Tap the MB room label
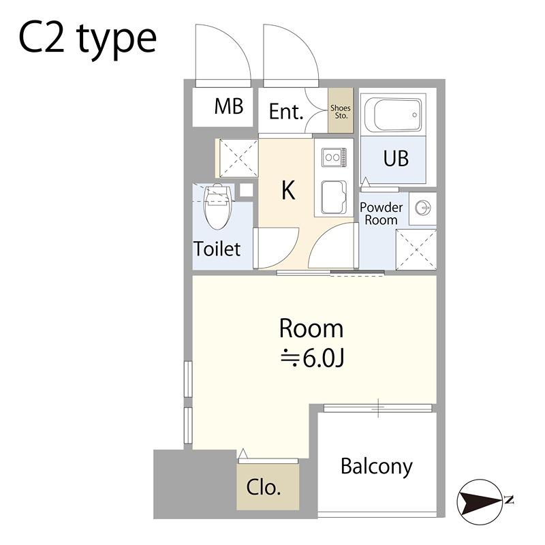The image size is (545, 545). click(x=228, y=106)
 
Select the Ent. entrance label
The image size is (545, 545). click(x=286, y=112)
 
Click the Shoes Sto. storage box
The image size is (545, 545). click(x=341, y=110)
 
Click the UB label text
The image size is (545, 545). click(x=396, y=158)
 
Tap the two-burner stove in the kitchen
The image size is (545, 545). click(x=334, y=157)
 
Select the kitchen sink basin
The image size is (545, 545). click(x=334, y=197)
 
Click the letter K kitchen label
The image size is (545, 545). click(x=288, y=190)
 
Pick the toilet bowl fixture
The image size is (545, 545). click(x=217, y=207)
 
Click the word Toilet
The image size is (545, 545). click(x=217, y=249)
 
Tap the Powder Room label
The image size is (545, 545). click(x=381, y=213)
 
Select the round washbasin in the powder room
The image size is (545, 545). click(x=423, y=208)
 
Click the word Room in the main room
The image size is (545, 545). click(x=311, y=328)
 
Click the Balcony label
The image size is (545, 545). click(x=377, y=467)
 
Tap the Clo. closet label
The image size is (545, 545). click(x=263, y=487)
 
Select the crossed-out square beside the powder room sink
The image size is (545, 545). click(x=416, y=249)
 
